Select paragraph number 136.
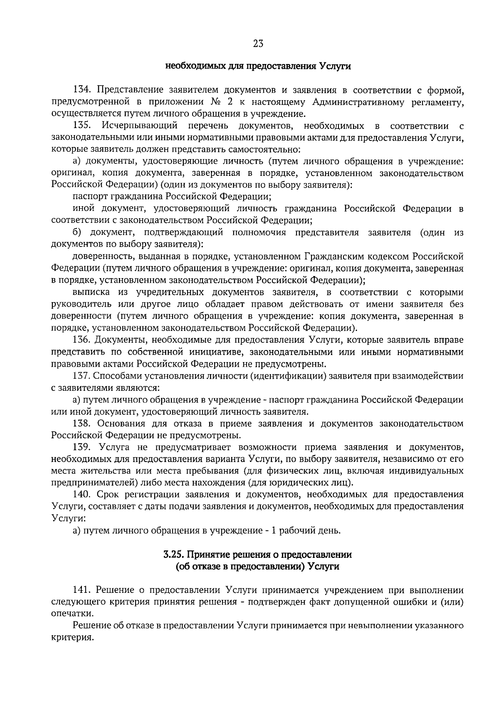82,340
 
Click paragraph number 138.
82,424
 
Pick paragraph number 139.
82,447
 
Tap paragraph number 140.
82,495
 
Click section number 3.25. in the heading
173,555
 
